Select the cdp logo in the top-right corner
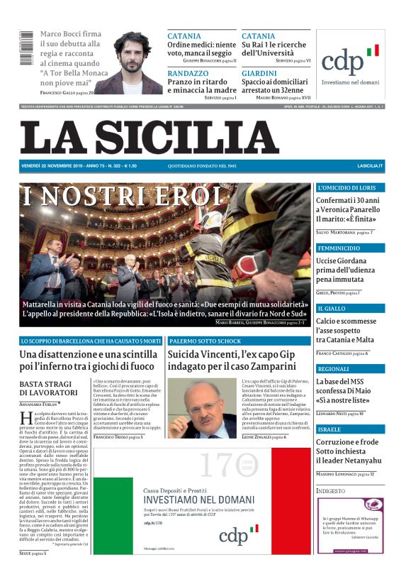350,60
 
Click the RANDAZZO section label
188,73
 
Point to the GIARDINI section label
259,73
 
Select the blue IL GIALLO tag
332,309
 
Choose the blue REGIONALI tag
334,369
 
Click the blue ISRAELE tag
330,429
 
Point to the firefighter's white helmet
213,220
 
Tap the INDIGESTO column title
331,490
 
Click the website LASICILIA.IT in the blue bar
370,165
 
